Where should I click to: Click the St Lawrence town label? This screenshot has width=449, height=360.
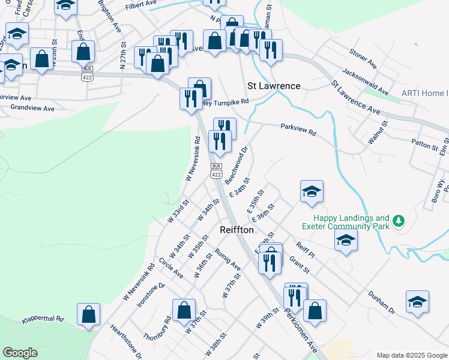click(274, 86)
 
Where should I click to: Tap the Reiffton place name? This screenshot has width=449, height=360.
click(238, 230)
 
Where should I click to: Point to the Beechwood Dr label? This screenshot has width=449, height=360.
click(237, 163)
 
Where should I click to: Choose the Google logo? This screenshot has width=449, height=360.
click(20, 353)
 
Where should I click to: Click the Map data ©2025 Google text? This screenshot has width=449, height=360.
click(411, 355)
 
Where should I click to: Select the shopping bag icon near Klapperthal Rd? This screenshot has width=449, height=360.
click(88, 314)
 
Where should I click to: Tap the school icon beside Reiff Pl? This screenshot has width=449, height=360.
click(345, 241)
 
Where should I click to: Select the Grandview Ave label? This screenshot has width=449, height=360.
click(32, 109)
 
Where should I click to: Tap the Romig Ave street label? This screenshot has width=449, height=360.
click(228, 259)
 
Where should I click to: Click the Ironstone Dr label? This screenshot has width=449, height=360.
click(151, 295)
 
